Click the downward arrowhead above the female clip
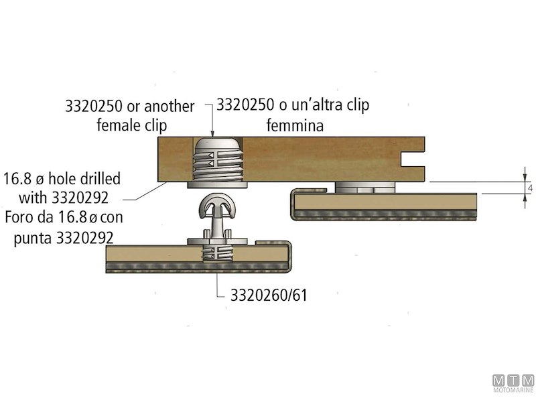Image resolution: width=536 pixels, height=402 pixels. tap(212, 133)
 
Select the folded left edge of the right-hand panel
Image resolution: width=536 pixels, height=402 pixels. tap(293, 204)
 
